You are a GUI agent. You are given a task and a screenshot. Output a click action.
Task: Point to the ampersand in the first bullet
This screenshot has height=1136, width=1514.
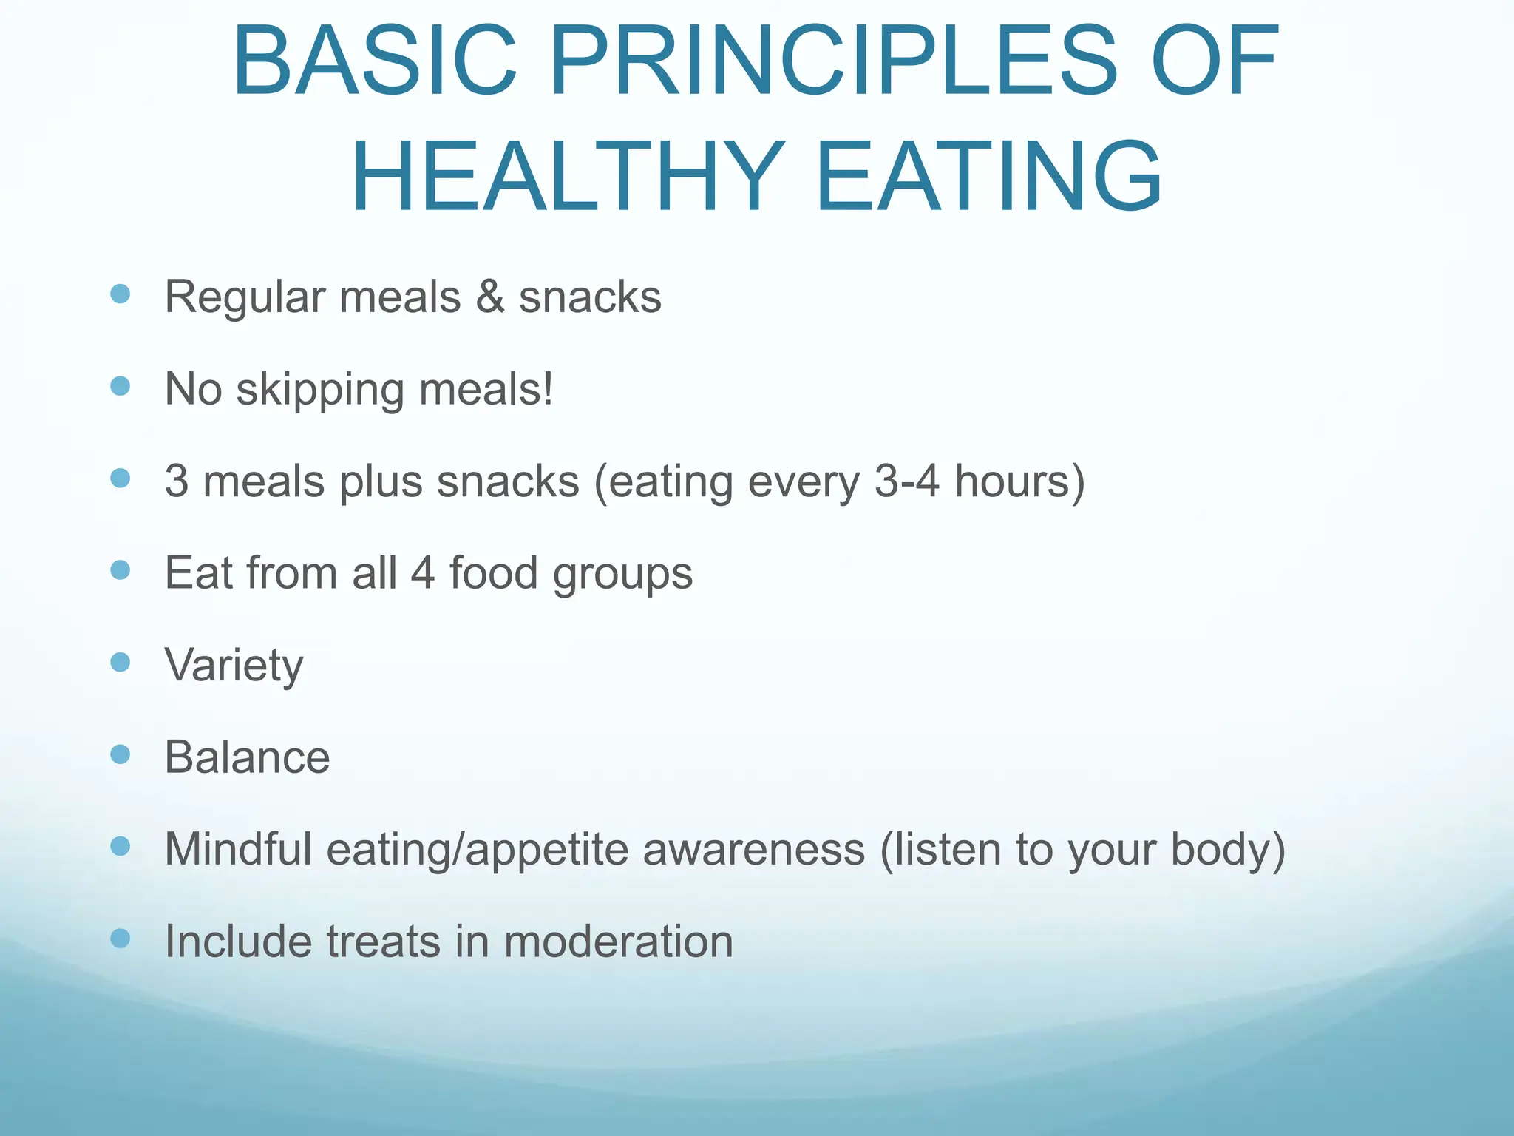490,297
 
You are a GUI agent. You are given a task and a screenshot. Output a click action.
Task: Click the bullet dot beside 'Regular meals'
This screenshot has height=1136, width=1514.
120,294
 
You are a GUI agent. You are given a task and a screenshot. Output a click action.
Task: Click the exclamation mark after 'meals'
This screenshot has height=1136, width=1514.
548,388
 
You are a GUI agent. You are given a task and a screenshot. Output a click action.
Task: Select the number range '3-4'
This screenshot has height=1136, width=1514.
907,481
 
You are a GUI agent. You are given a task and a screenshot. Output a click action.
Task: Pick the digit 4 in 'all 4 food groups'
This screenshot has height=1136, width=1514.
422,572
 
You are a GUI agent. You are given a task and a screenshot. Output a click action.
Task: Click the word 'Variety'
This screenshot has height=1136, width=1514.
234,666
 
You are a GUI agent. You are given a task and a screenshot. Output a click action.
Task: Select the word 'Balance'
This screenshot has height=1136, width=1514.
247,757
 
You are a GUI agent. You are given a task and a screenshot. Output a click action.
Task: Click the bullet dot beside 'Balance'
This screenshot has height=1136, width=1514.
120,754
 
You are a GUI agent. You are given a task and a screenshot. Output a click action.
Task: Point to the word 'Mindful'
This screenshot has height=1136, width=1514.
238,848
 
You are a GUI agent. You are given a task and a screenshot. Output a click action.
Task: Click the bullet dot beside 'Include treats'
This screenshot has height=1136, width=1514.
120,939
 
